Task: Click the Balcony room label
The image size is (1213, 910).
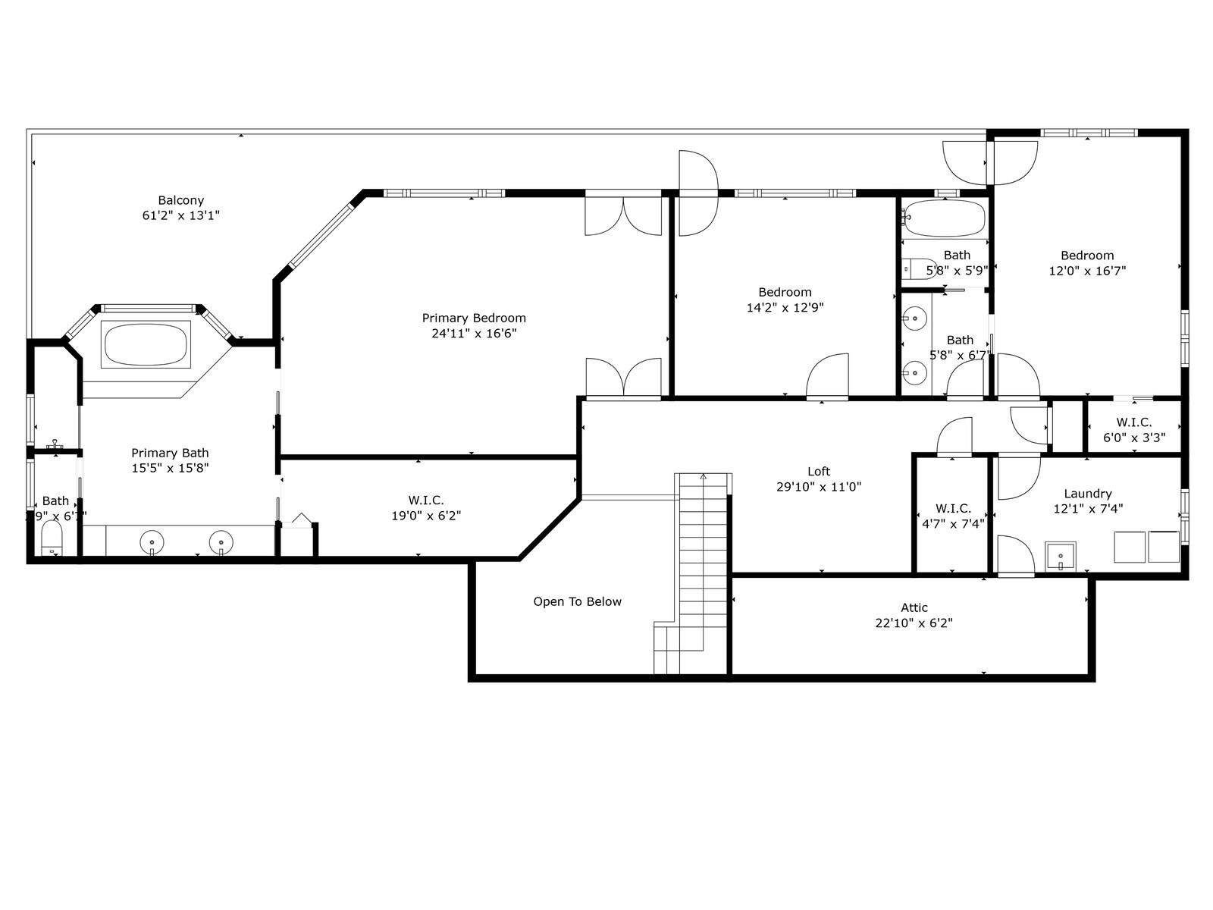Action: tap(180, 201)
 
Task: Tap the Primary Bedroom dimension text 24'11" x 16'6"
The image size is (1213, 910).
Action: tap(474, 333)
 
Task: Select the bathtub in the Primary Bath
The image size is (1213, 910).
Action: tap(146, 345)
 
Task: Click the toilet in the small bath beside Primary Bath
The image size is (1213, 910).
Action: tap(52, 537)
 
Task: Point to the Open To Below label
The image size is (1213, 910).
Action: tap(577, 601)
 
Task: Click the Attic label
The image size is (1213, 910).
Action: tap(914, 607)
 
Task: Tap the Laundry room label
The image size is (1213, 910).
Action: tap(1087, 494)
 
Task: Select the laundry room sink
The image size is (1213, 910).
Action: tap(1060, 556)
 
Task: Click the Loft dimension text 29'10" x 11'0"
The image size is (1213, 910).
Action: tap(819, 487)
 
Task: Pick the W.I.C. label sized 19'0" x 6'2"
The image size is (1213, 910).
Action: tap(425, 500)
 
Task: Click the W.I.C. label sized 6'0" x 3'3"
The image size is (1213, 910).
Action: tap(1133, 422)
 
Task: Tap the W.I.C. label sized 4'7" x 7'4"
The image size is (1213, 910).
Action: tap(953, 508)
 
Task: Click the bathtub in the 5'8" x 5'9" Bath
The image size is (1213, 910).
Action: tap(944, 218)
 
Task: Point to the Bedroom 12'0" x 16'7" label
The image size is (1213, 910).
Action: tap(1087, 256)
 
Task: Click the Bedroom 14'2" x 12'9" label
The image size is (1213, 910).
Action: tap(785, 292)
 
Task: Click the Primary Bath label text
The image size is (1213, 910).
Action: tap(170, 453)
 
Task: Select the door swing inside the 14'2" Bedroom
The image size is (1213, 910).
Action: tap(828, 375)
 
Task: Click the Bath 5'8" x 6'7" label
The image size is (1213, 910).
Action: tap(959, 340)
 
